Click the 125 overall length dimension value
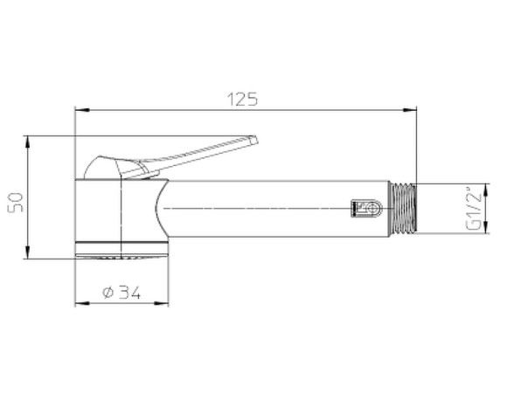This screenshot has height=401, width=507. tap(245, 100)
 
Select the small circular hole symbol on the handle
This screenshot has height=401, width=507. tap(372, 209)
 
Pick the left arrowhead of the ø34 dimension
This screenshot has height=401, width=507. tap(80, 303)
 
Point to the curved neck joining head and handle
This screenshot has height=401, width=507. tap(157, 210)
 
